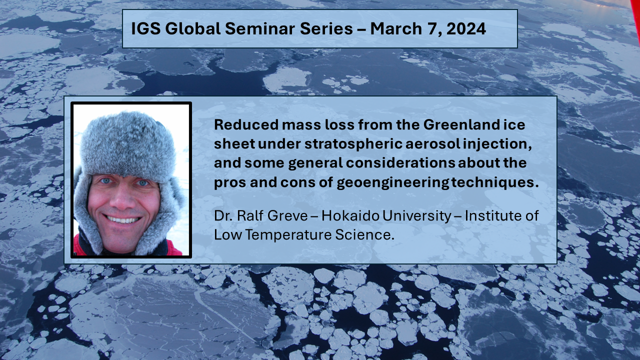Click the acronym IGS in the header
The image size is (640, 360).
(145, 28)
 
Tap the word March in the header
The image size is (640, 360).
(396, 28)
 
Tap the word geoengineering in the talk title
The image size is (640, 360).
(393, 182)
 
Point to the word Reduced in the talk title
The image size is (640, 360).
(246, 124)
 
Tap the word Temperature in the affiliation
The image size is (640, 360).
(288, 235)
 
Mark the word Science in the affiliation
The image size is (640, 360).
(364, 235)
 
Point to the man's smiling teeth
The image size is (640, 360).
(123, 219)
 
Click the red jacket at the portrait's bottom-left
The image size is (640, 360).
(78, 245)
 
